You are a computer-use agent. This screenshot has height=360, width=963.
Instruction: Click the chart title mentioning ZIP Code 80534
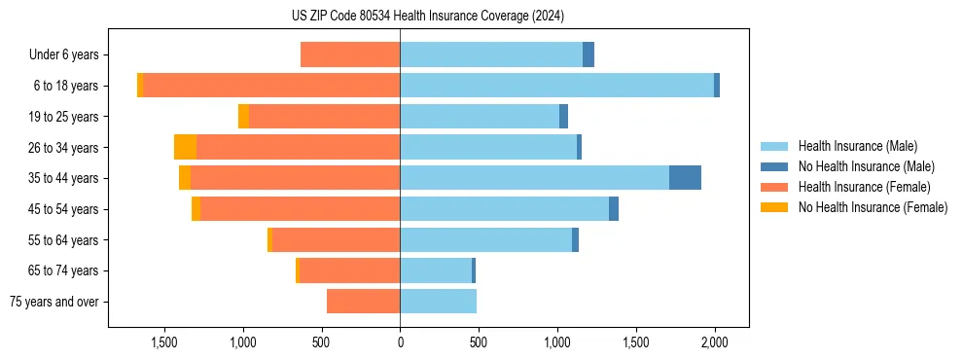427,17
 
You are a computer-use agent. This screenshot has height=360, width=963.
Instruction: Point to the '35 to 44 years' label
60,178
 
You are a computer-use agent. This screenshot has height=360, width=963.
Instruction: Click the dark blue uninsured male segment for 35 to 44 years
685,178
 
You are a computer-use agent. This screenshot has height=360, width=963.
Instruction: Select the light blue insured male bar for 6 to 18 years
556,86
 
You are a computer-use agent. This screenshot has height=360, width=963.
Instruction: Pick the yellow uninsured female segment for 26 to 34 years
185,147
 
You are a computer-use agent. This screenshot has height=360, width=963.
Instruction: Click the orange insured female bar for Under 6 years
350,55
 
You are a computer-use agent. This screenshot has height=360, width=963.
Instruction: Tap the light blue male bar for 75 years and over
438,302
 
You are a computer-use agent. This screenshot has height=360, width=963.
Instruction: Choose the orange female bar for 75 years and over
363,302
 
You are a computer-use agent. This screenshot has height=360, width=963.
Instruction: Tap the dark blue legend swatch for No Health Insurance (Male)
774,166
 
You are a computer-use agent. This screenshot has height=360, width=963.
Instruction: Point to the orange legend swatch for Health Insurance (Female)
774,187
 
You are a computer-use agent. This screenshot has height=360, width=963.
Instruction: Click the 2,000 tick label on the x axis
715,342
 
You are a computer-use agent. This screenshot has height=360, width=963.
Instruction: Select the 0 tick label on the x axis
400,342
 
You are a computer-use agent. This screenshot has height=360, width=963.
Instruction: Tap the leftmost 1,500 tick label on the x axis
163,342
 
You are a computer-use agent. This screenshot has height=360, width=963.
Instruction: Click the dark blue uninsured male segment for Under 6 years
588,55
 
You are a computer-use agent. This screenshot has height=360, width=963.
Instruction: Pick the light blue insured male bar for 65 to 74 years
436,270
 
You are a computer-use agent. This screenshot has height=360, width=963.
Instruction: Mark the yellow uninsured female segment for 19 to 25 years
243,117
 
